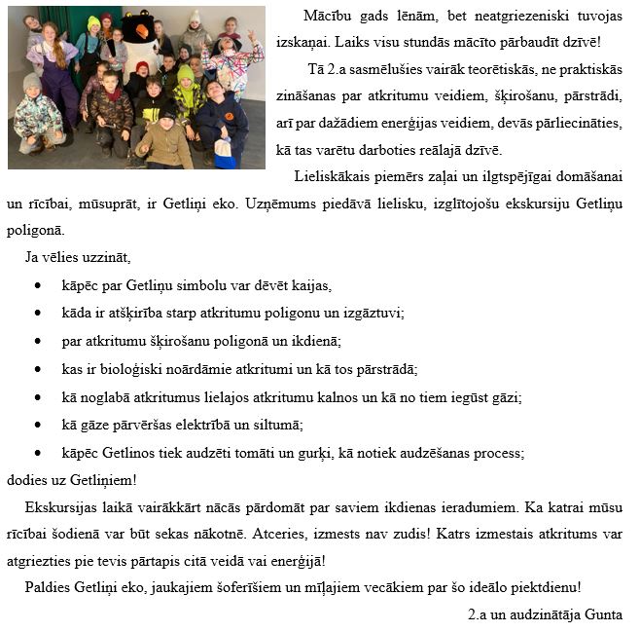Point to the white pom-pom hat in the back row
(x=195, y=17)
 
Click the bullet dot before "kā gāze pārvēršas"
(x=37, y=426)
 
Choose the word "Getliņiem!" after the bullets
(x=102, y=480)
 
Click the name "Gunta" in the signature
(x=603, y=614)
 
